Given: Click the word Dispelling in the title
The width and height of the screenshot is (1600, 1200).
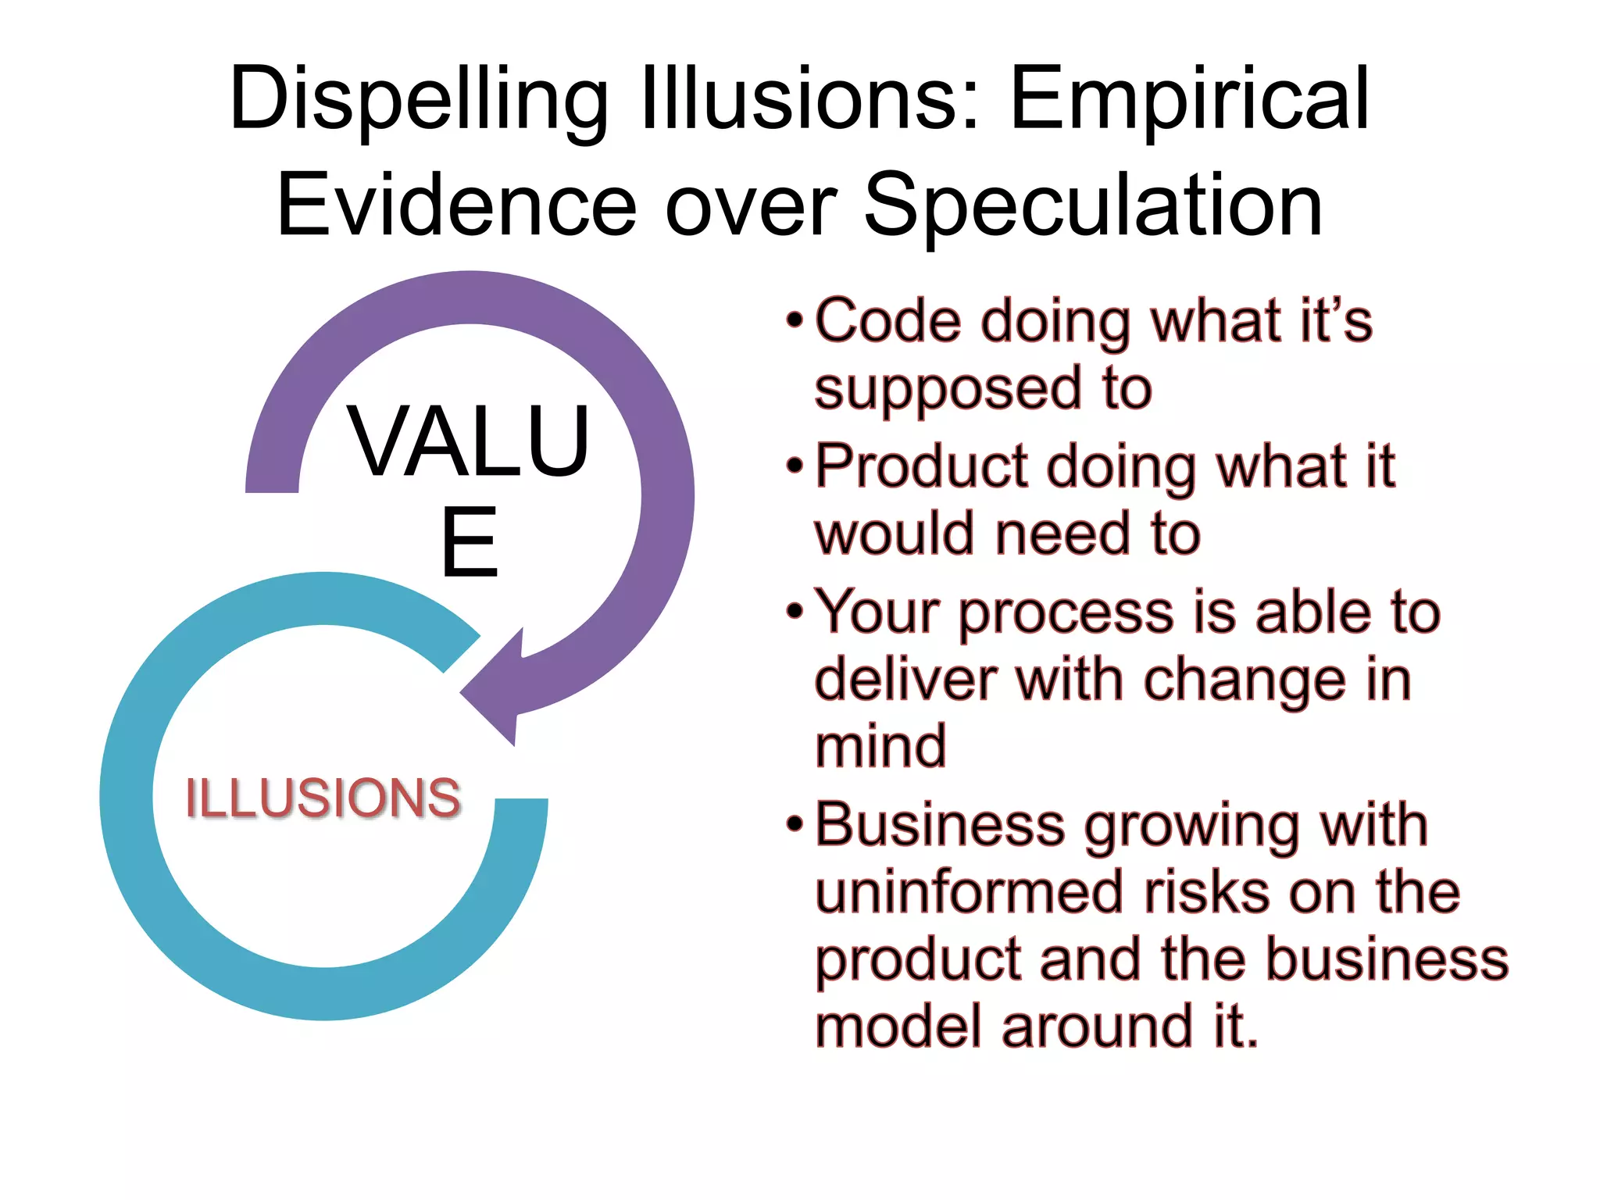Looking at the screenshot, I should coord(418,100).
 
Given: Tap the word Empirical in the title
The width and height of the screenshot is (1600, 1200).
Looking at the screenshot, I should coord(1189,100).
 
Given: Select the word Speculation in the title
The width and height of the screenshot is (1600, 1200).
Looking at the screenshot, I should coord(1093,205).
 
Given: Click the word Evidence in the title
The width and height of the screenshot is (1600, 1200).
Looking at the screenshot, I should coord(457,205).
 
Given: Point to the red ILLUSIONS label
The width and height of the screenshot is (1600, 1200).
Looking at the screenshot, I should coord(323,798).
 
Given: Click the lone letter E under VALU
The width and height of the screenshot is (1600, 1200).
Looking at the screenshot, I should coord(469,543).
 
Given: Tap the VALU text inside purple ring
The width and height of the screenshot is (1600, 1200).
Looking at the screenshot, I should coord(469,441).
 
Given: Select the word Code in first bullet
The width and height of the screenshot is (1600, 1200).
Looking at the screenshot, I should coord(887,321).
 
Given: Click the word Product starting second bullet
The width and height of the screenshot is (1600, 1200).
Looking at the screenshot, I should coord(922,467).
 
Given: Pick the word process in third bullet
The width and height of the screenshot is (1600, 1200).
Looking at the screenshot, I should coord(1066,613).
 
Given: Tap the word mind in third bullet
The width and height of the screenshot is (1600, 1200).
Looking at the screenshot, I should coord(880,746).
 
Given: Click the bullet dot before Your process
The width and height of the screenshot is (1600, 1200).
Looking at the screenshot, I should coord(795,612).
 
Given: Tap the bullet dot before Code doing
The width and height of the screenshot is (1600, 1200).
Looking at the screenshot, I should coord(795,320).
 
